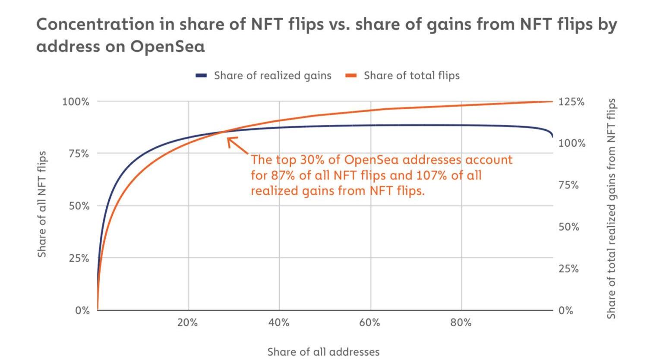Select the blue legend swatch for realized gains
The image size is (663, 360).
(x=201, y=76)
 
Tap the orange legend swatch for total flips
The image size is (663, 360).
(x=351, y=76)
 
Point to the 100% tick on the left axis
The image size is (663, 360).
(x=76, y=102)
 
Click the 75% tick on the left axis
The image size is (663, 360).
(x=79, y=154)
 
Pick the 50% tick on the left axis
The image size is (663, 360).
(x=79, y=206)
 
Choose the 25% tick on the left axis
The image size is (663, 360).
(x=79, y=259)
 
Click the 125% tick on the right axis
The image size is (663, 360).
(x=571, y=102)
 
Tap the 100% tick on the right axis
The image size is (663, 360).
(x=572, y=143)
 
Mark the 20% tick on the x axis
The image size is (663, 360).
(x=188, y=323)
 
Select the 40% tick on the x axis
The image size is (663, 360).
(x=279, y=323)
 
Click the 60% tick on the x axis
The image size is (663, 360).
(x=370, y=323)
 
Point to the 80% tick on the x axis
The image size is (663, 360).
(x=461, y=323)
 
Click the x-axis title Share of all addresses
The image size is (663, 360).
(x=323, y=352)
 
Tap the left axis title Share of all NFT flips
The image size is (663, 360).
(x=42, y=204)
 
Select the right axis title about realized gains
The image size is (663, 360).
(x=611, y=208)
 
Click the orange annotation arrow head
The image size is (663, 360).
(x=229, y=139)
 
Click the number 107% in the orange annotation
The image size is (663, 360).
(x=432, y=176)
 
